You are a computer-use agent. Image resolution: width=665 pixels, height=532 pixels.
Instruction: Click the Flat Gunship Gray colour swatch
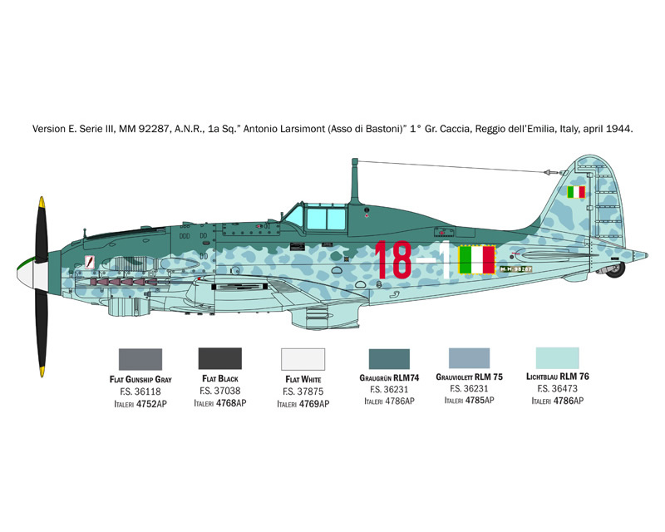(140, 359)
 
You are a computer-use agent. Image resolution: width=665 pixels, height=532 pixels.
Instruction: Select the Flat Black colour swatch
(220, 359)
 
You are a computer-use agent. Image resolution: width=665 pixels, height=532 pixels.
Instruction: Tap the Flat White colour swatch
(303, 359)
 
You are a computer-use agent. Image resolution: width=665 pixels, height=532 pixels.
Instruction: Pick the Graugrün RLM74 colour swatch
(389, 359)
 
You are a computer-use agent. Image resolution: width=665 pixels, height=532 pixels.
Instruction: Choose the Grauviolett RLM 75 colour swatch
(469, 358)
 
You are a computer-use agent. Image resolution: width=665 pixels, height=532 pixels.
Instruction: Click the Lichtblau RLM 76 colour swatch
(557, 358)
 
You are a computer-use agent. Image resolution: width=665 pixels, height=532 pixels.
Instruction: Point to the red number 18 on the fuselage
(393, 259)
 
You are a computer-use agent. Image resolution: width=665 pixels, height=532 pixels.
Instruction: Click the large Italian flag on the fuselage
(477, 259)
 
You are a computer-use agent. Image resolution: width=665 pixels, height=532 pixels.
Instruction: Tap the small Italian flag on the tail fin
(576, 192)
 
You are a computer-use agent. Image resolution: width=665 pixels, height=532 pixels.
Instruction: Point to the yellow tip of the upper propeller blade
(42, 201)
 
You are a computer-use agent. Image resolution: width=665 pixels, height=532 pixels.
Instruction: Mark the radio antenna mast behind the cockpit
(355, 181)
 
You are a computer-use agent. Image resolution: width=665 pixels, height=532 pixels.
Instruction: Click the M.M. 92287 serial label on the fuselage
(515, 269)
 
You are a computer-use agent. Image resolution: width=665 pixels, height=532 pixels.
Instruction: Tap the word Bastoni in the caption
(385, 129)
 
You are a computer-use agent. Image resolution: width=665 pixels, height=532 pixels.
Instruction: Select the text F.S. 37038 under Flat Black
(220, 391)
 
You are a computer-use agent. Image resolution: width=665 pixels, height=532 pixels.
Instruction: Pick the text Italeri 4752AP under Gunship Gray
(140, 404)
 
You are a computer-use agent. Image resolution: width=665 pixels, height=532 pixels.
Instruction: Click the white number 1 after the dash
(445, 259)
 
